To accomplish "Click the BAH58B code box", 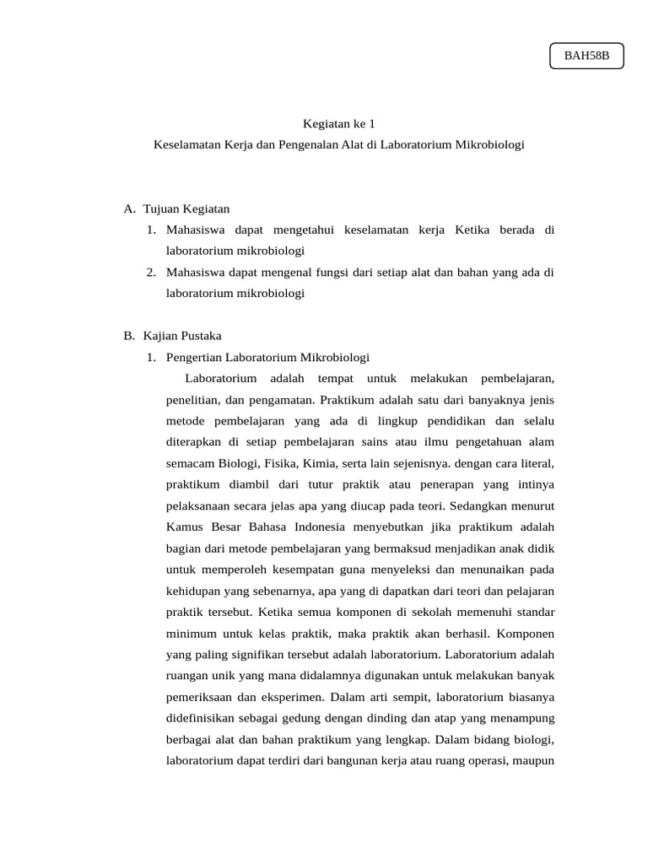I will [x=586, y=56].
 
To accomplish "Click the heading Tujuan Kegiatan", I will [x=186, y=208].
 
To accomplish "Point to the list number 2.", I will [x=150, y=272].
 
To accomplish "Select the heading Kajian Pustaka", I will [x=182, y=335].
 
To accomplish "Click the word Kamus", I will [x=184, y=526].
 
